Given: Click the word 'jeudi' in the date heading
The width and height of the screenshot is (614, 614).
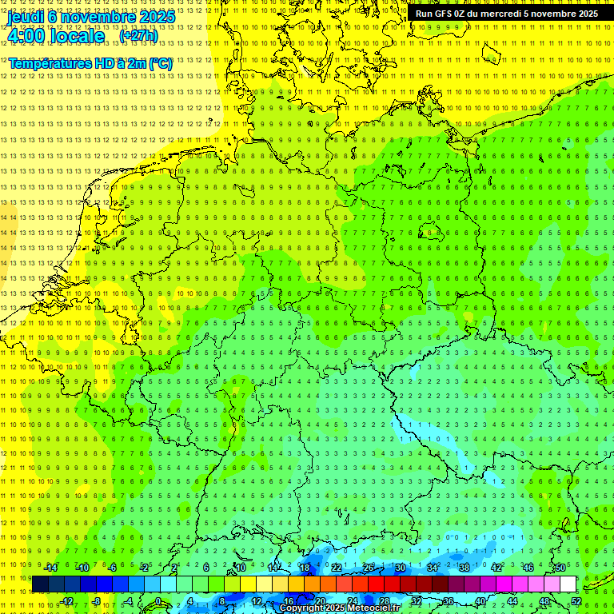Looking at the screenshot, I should tap(26, 16).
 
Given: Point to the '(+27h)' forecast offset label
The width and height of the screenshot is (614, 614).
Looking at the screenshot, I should tap(138, 35).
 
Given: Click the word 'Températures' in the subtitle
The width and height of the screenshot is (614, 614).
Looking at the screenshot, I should tap(48, 62).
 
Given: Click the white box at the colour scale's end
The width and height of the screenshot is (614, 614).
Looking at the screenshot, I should tap(568, 584).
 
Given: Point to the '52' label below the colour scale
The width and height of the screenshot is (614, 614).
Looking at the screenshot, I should tap(576, 601).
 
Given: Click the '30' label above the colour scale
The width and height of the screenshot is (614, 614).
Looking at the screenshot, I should tap(400, 568).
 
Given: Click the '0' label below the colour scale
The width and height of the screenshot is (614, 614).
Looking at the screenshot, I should tap(158, 601).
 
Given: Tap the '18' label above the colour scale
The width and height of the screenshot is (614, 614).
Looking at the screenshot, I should tap(304, 568).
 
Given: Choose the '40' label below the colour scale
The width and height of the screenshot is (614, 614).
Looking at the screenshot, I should tap(480, 601).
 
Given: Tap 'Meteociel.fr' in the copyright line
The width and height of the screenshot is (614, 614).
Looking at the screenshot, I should tap(373, 608).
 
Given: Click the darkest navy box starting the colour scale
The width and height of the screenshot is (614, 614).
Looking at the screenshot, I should tap(40, 584).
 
